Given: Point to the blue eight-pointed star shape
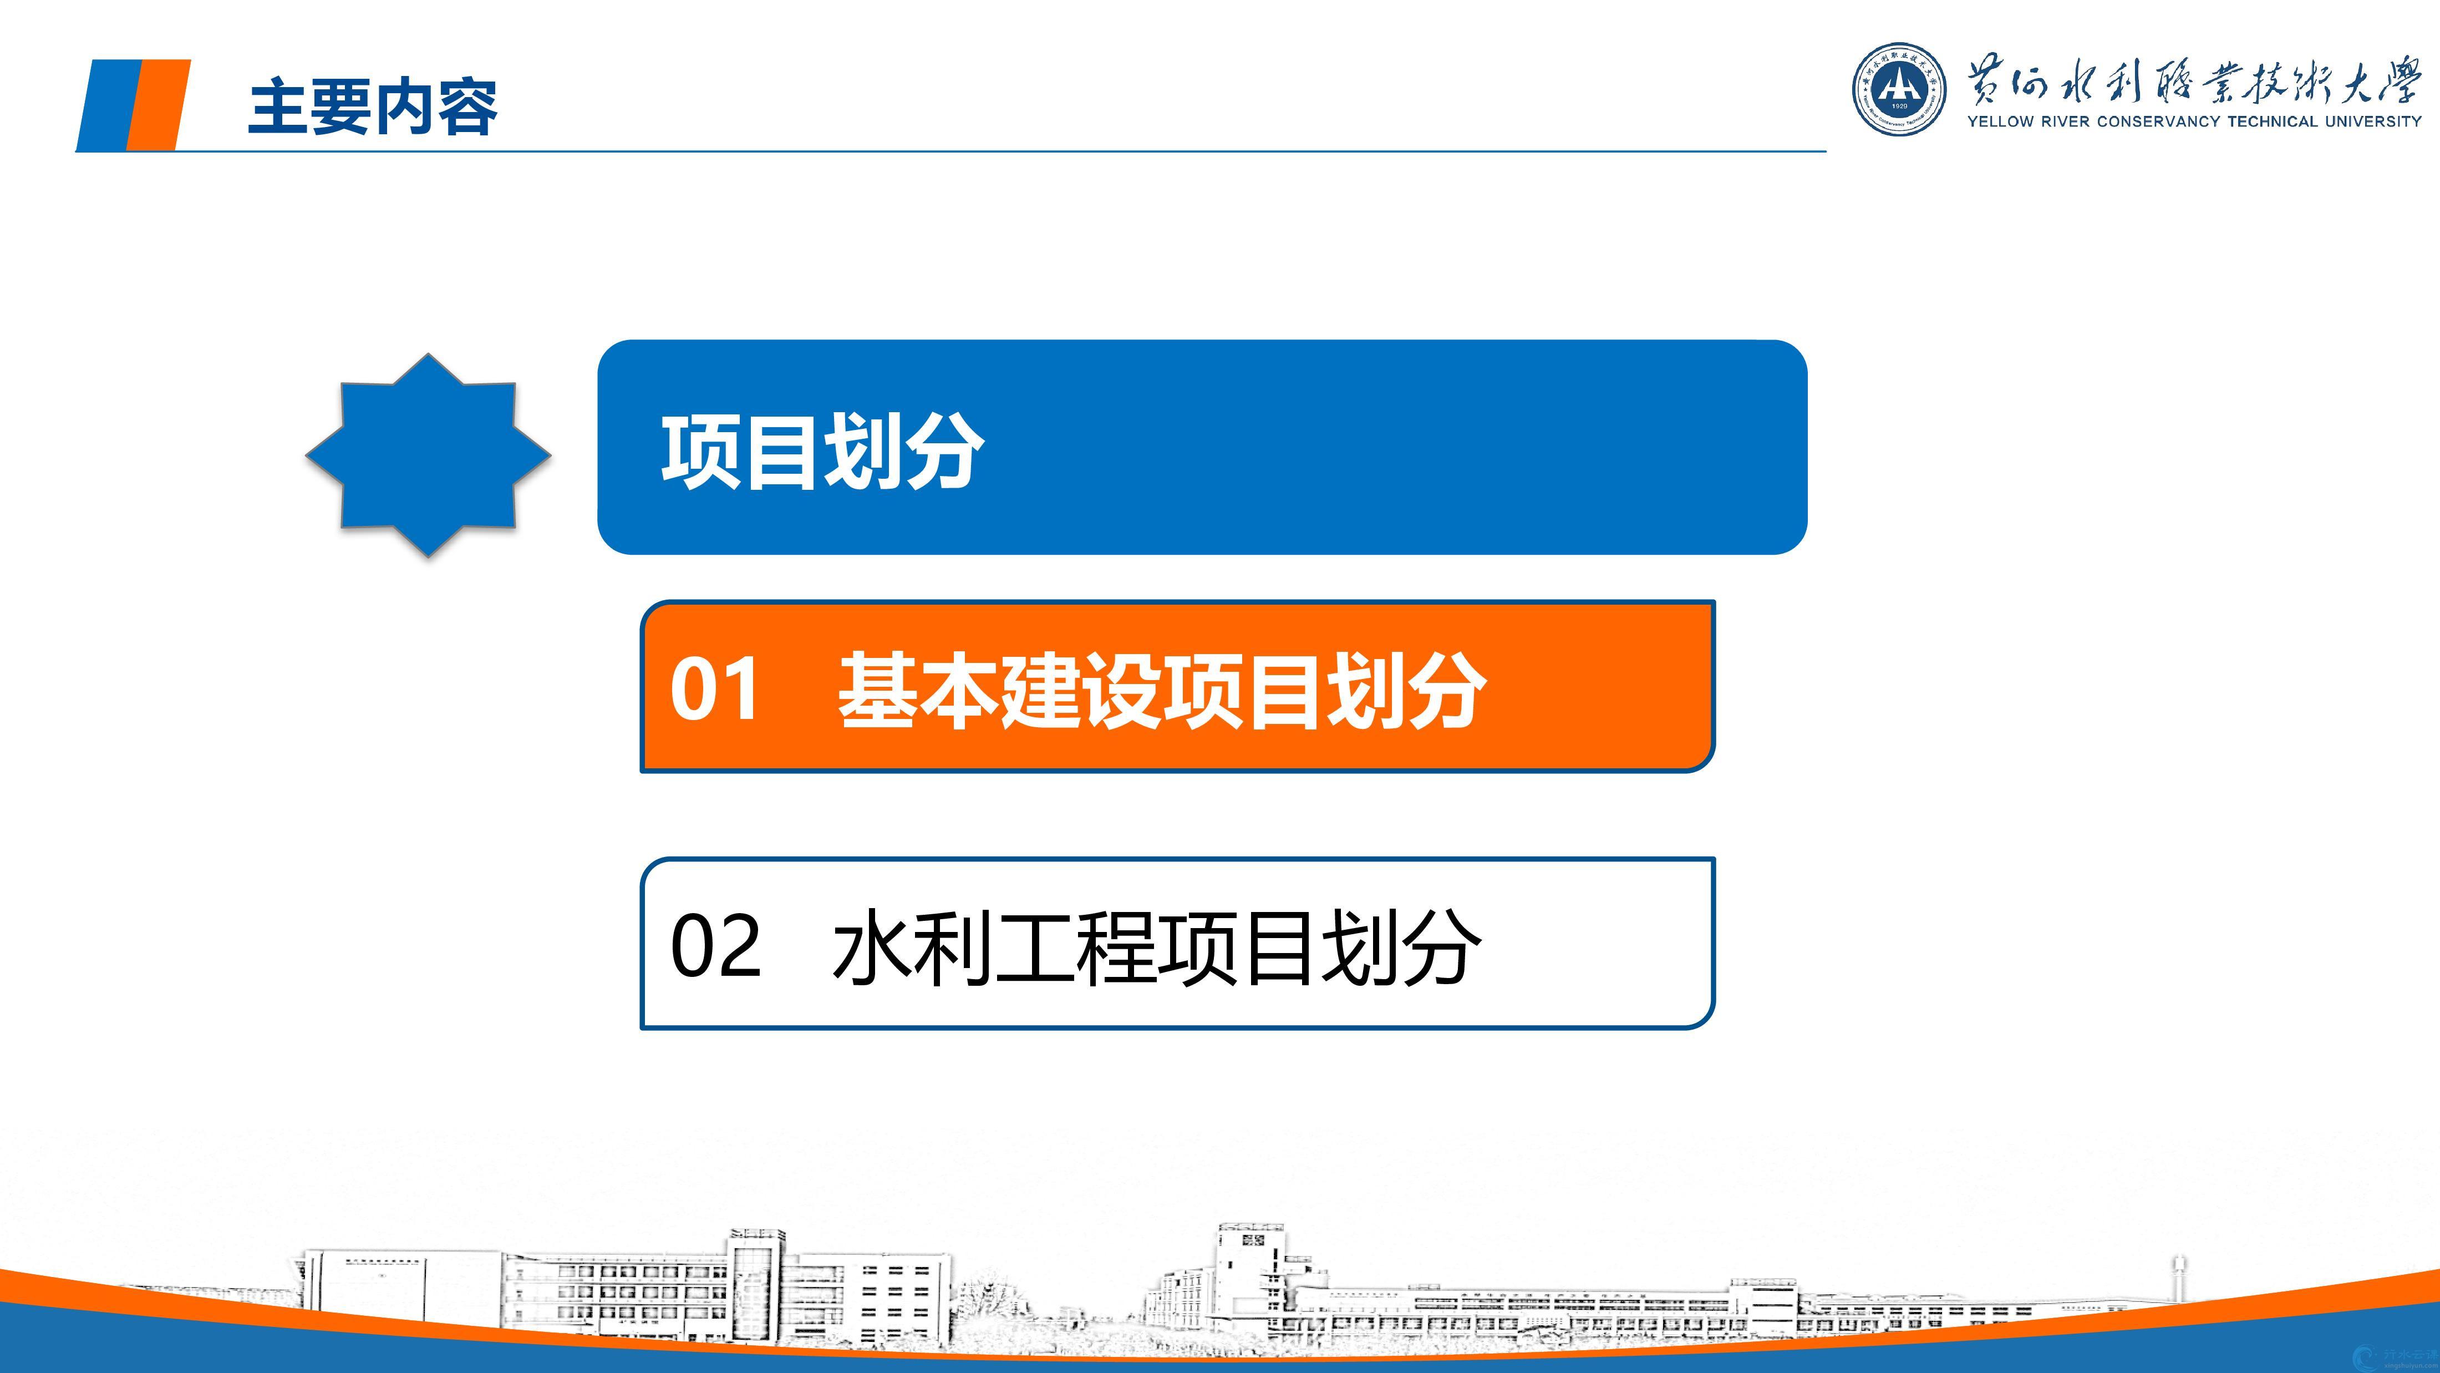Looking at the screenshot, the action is click(x=428, y=455).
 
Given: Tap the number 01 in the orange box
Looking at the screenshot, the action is click(x=715, y=689).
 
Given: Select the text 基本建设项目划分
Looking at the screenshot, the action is click(x=1161, y=689).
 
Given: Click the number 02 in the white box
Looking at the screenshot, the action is click(x=715, y=946).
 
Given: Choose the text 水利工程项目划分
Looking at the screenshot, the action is click(x=1157, y=946).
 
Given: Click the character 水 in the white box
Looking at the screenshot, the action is click(x=871, y=946).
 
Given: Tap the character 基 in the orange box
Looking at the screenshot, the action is click(x=877, y=689).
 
